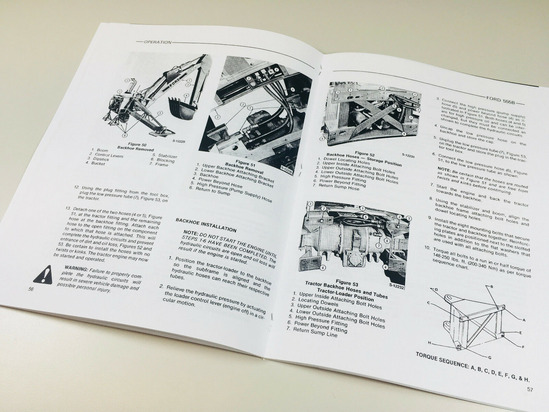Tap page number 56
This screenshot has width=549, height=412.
point(31,289)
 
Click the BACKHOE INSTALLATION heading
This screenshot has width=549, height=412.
point(206,225)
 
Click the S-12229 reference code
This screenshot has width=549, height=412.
point(179,141)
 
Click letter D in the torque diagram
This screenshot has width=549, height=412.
point(436,289)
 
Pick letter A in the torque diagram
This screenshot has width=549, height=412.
point(524,320)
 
